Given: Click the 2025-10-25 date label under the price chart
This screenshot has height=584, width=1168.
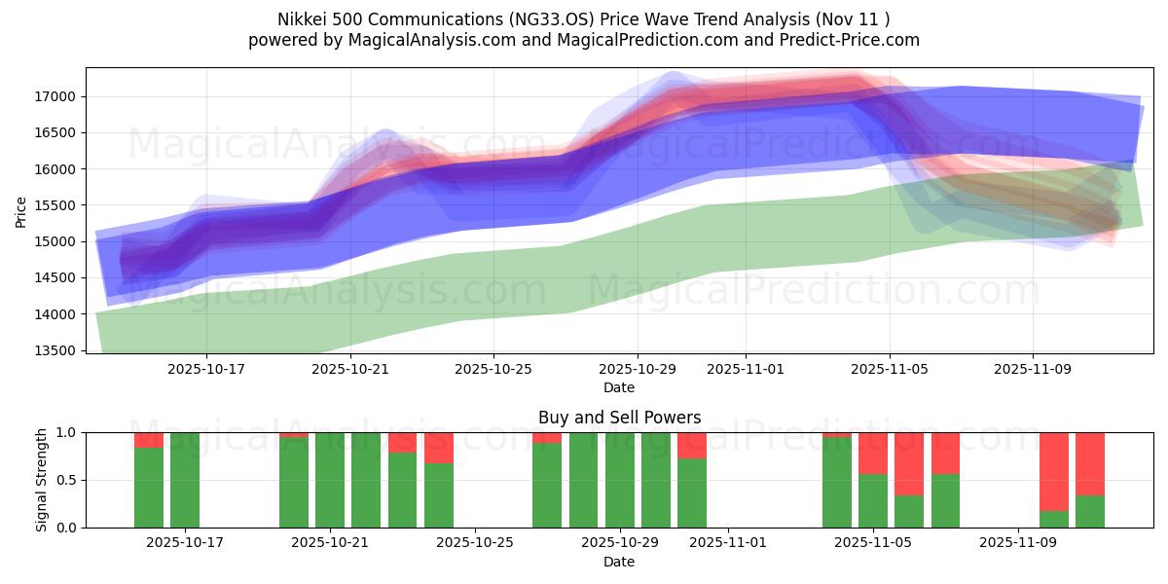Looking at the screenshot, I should (493, 369).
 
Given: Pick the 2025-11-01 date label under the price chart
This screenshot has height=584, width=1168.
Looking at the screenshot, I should (746, 369).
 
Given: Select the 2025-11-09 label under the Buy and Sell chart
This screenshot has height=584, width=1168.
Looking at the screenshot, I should (1017, 543).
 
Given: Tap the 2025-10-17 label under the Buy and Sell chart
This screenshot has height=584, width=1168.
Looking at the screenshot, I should (185, 543).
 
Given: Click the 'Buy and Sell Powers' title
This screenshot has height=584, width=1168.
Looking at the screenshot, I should (619, 418).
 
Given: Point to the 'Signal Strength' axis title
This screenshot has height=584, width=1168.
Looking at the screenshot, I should (42, 479).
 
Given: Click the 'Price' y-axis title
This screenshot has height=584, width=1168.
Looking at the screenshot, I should (21, 210).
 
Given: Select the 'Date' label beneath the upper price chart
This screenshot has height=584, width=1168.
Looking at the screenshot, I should (619, 387).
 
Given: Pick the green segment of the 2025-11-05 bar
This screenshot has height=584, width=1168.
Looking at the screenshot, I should (873, 500).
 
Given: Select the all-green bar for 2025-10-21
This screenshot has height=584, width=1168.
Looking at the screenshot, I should (330, 480).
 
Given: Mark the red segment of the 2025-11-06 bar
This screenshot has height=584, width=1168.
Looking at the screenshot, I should (909, 463).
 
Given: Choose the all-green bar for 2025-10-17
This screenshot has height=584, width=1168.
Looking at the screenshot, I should (185, 480).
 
